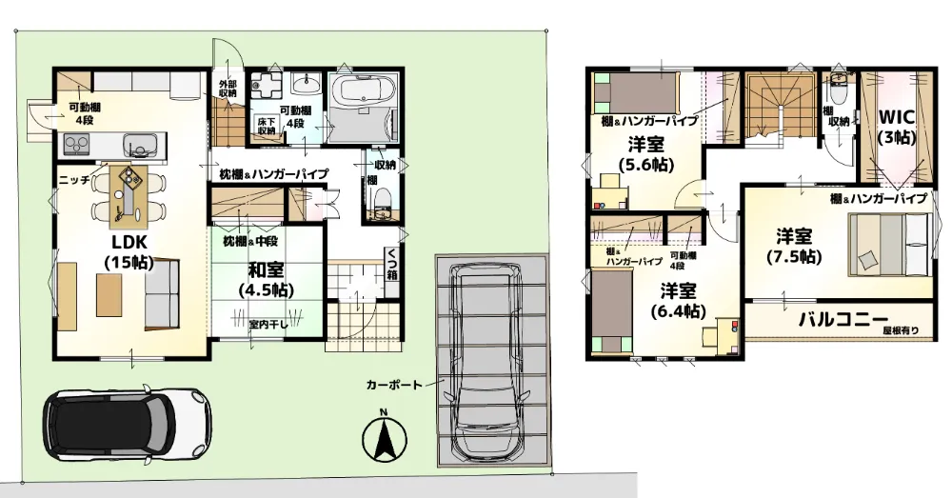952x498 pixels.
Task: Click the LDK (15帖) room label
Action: click(129, 252)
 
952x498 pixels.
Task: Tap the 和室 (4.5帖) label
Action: click(266, 279)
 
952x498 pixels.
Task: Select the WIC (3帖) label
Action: click(897, 127)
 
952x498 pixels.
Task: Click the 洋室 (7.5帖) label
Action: click(794, 246)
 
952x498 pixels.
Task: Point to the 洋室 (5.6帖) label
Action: click(645, 154)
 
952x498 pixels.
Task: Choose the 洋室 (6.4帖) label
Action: click(678, 301)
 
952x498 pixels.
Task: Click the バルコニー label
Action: click(843, 318)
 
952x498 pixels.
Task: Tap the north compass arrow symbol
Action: click(384, 437)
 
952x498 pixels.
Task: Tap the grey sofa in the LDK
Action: click(162, 294)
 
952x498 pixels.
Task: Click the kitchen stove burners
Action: click(77, 145)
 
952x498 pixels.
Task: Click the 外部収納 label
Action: click(228, 89)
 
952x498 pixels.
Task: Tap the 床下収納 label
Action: click(266, 126)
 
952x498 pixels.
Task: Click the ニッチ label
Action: click(74, 180)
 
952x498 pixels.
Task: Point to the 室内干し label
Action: click(263, 324)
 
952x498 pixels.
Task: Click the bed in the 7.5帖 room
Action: click(889, 244)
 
